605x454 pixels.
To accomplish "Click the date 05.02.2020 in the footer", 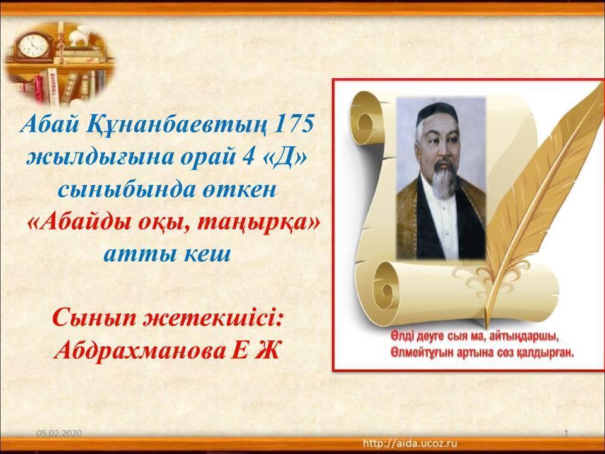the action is tap(59, 433).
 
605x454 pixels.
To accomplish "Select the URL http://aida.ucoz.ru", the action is tap(410, 443).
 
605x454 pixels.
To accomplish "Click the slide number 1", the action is tap(567, 434).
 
